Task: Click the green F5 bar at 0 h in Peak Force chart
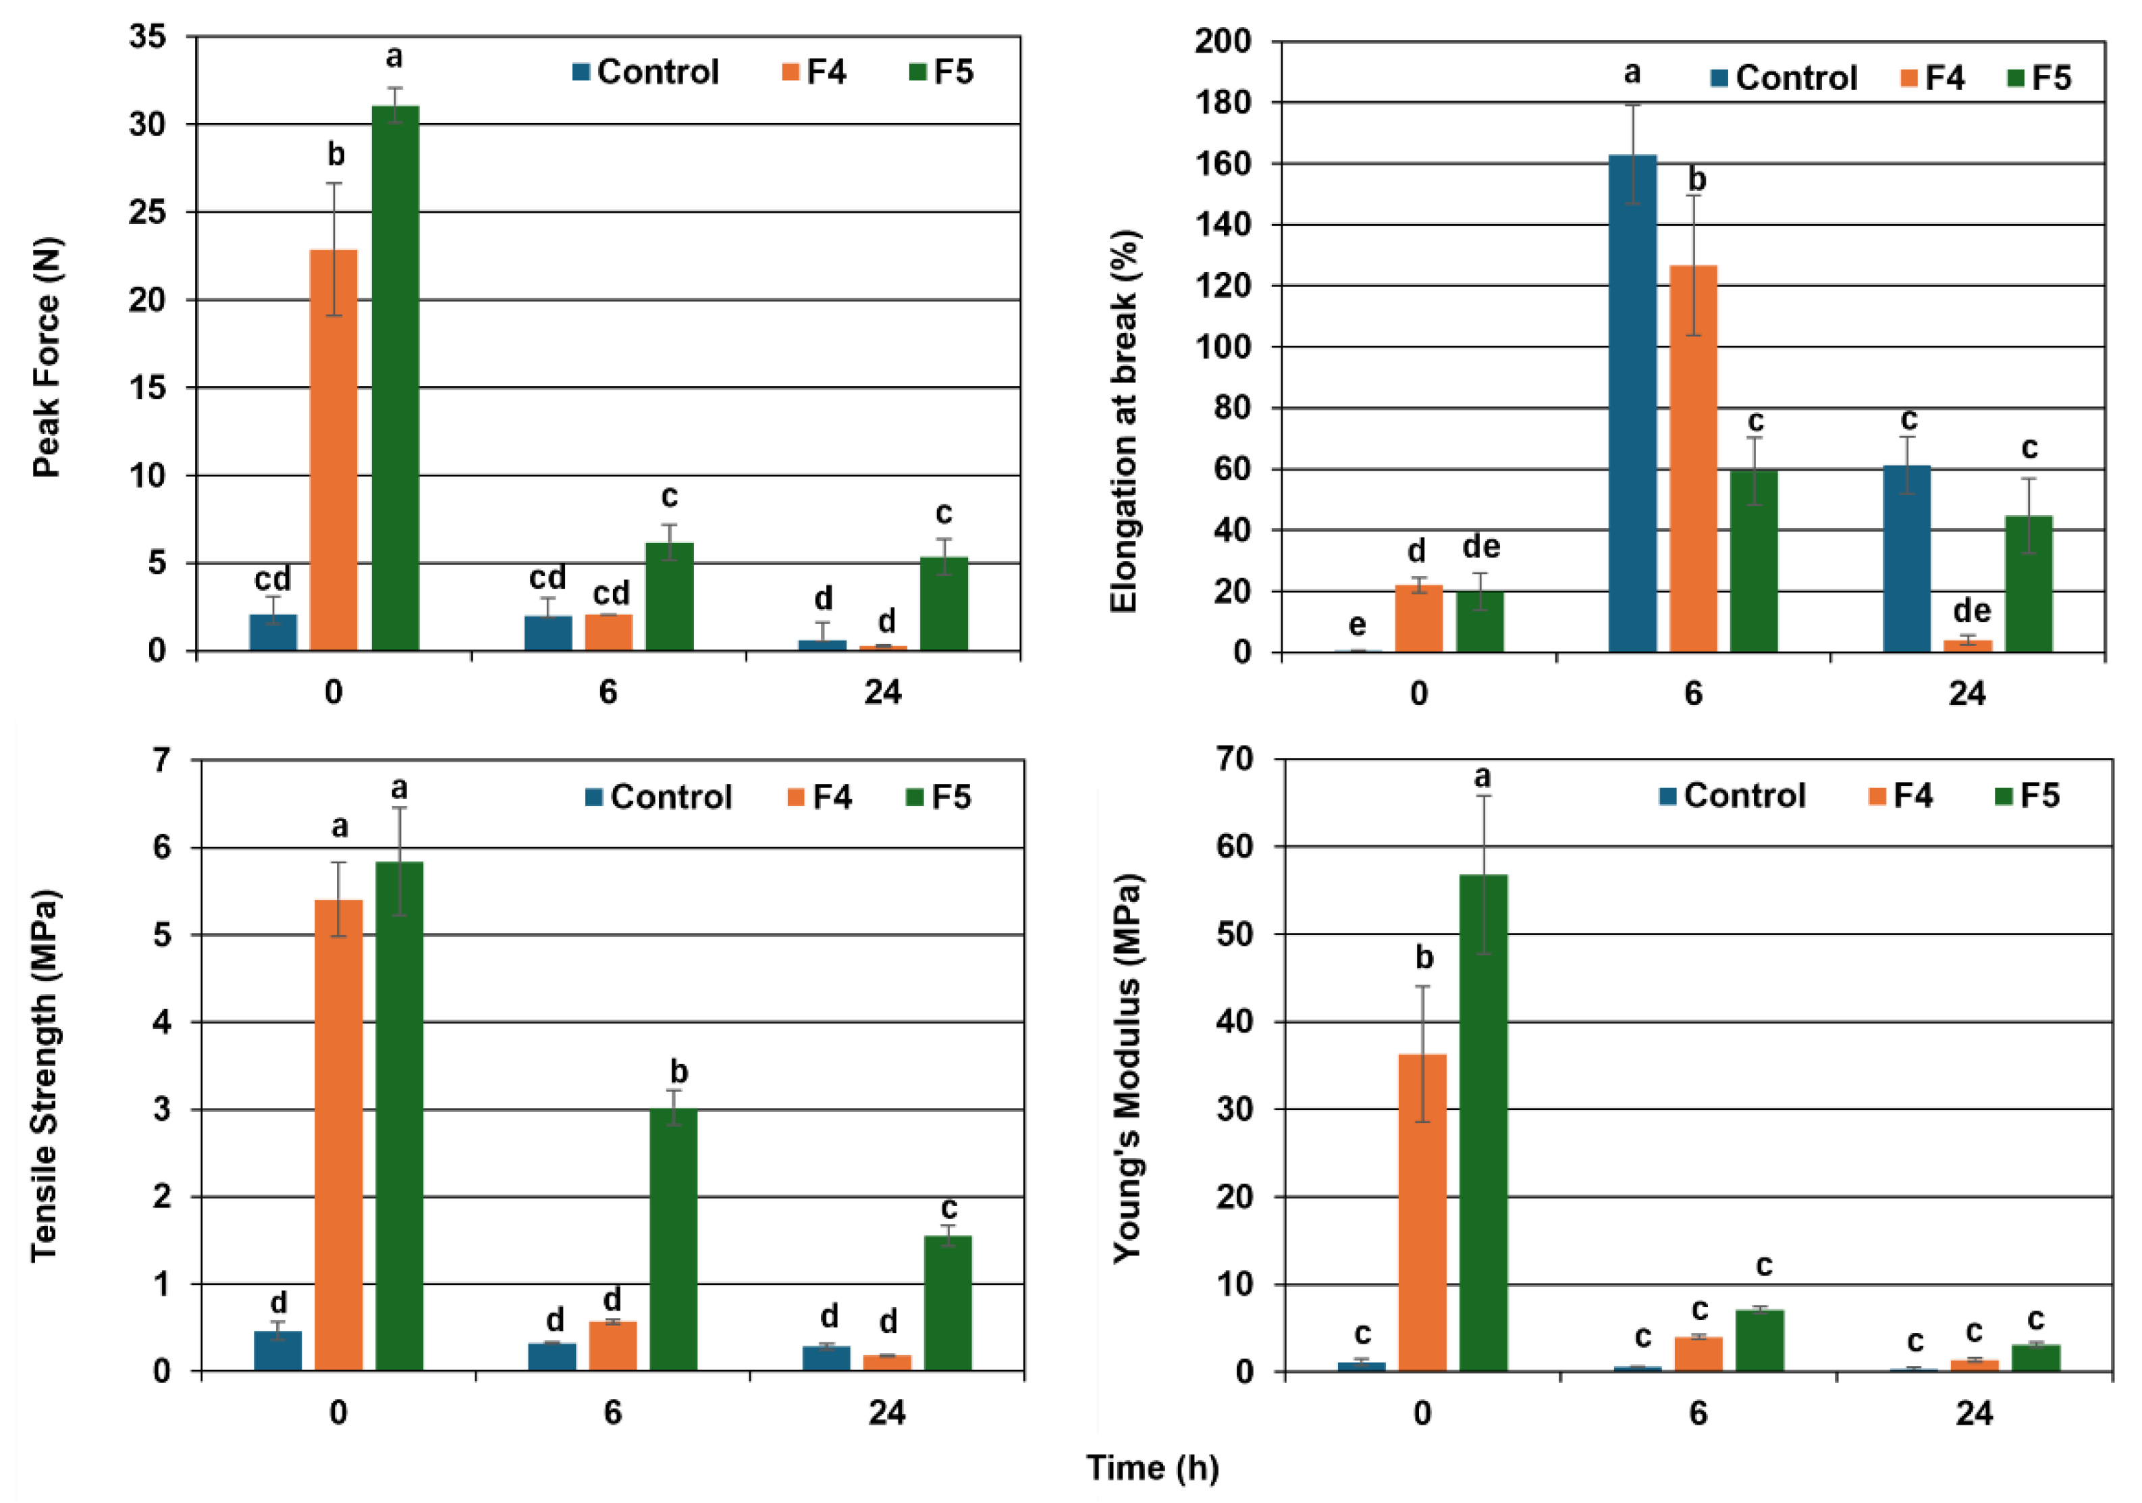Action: click(395, 378)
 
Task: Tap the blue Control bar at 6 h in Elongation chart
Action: click(1632, 403)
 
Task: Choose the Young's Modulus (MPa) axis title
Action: click(1127, 1068)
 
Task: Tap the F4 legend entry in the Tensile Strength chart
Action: click(820, 797)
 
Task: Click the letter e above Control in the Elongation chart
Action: click(1358, 623)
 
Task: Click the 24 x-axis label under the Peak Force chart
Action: click(882, 691)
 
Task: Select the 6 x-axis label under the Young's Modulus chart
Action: click(1697, 1413)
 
